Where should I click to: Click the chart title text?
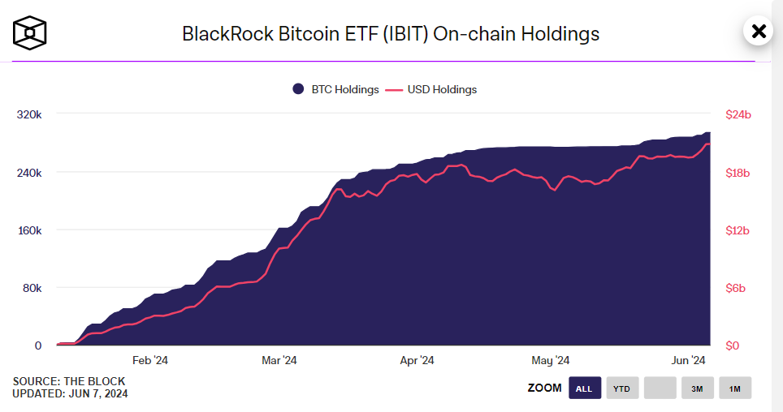pyautogui.click(x=391, y=33)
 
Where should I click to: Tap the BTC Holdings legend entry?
pyautogui.click(x=336, y=89)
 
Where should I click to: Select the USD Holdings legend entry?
pyautogui.click(x=430, y=89)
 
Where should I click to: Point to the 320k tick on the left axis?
pyautogui.click(x=29, y=115)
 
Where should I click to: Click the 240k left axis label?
pyautogui.click(x=29, y=173)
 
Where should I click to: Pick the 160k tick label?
pyautogui.click(x=29, y=230)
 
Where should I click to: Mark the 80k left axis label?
pyautogui.click(x=32, y=288)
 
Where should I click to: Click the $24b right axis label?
pyautogui.click(x=738, y=115)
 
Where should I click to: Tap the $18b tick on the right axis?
pyautogui.click(x=738, y=173)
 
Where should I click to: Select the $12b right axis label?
pyautogui.click(x=738, y=230)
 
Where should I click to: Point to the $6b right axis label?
pyautogui.click(x=736, y=288)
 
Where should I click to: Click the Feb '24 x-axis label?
pyautogui.click(x=150, y=360)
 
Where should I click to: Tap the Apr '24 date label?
pyautogui.click(x=417, y=360)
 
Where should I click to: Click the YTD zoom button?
pyautogui.click(x=621, y=388)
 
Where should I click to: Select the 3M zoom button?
pyautogui.click(x=697, y=388)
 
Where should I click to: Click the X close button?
pyautogui.click(x=759, y=32)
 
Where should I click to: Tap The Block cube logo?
pyautogui.click(x=30, y=32)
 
